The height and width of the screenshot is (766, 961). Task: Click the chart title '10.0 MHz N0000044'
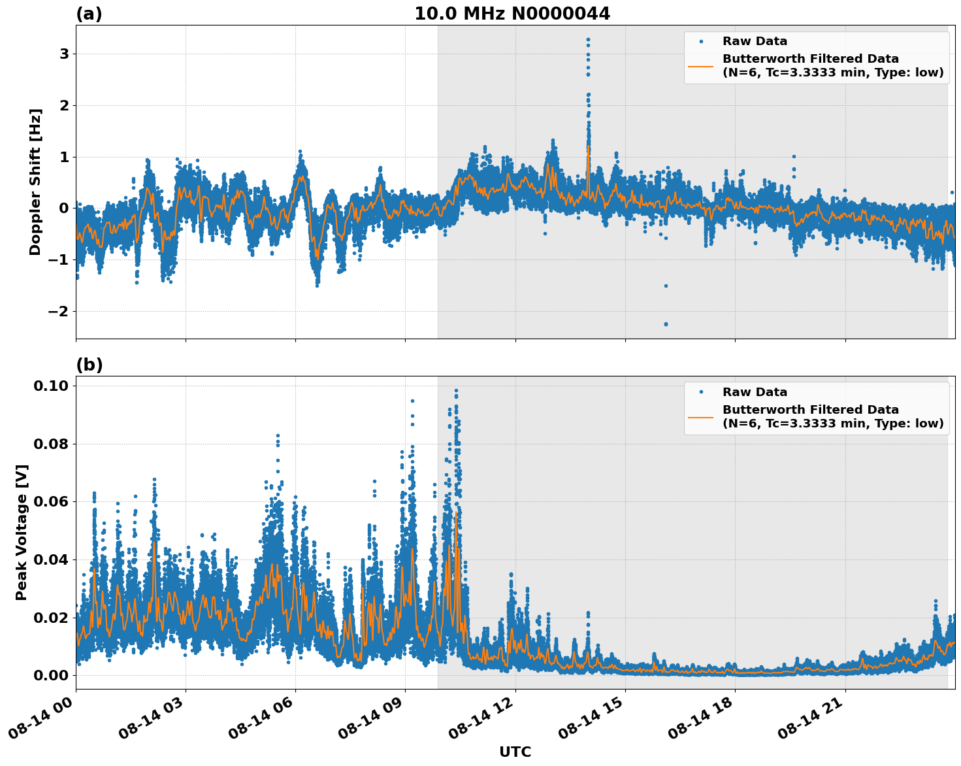coord(512,14)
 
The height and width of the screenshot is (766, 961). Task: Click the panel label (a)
coord(89,14)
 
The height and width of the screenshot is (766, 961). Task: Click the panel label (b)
coord(89,365)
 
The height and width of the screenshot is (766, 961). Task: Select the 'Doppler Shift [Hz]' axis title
coord(35,182)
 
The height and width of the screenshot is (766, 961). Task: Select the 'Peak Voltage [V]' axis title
coord(22,532)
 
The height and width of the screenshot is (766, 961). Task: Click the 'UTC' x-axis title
coord(515,752)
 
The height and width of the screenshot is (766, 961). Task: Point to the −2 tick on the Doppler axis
coord(58,311)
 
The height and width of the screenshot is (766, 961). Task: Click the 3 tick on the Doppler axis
coord(64,54)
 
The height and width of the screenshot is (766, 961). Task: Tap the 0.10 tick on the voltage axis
coord(52,386)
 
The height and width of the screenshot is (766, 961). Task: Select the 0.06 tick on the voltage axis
coord(52,501)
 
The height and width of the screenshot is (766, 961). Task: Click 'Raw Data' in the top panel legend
coord(755,41)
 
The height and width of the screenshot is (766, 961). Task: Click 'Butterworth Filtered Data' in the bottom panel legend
coord(810,410)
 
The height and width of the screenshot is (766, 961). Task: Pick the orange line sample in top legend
coord(700,66)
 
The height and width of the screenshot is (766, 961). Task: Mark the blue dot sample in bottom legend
coord(700,392)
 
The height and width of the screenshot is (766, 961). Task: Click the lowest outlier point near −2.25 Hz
coord(666,324)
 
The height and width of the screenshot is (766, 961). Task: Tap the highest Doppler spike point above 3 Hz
coord(588,40)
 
